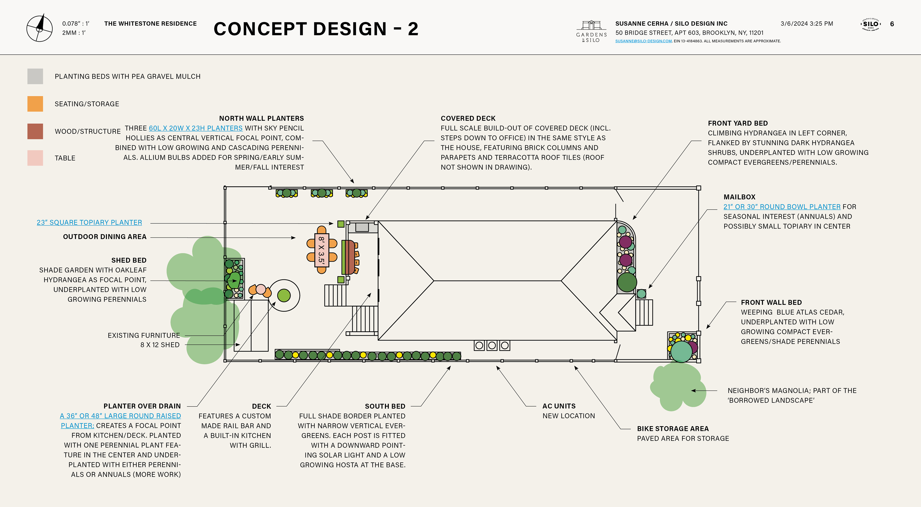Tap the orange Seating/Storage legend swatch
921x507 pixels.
coord(35,104)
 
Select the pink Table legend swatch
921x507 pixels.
coord(35,158)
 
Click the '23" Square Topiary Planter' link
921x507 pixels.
coord(89,222)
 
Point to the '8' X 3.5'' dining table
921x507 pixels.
coord(321,250)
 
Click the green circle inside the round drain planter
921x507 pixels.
coord(284,295)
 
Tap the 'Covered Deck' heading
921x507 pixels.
coord(468,118)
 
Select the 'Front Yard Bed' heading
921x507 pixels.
coord(738,123)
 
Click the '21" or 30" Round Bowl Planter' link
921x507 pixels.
coord(782,207)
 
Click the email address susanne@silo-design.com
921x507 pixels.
coord(643,41)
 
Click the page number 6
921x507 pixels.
coord(892,24)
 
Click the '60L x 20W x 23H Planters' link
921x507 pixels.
coord(195,128)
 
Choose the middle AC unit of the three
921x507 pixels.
coord(492,345)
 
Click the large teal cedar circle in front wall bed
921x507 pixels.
coord(681,351)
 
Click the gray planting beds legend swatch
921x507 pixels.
coord(35,76)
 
